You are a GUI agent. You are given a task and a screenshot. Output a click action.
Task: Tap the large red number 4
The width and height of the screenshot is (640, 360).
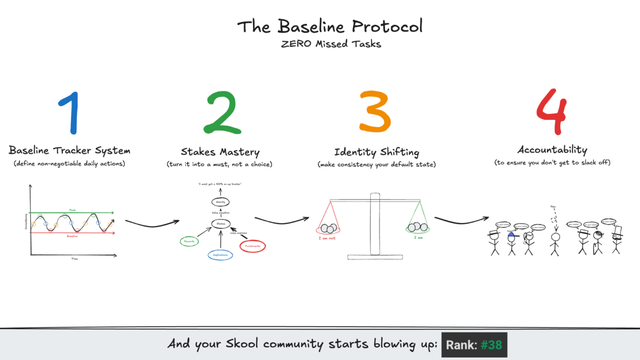(x=551, y=111)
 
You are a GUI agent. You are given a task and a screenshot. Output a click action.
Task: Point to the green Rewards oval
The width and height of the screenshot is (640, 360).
(x=189, y=241)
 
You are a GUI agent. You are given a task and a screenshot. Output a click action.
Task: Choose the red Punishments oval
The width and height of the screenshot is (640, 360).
(x=252, y=246)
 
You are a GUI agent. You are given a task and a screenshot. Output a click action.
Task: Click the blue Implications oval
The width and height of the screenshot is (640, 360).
(x=220, y=255)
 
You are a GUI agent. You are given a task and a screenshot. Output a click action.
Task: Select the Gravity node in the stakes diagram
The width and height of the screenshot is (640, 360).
(x=220, y=202)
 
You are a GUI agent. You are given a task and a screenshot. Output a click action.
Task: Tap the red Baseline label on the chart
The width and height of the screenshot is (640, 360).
(x=72, y=236)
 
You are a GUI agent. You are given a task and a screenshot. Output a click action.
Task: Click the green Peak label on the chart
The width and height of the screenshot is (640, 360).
(x=72, y=209)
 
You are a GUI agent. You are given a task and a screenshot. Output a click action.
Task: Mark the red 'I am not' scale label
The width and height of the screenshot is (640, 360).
(x=327, y=238)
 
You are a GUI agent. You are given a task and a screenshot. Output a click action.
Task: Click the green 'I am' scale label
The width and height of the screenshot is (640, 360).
(x=418, y=238)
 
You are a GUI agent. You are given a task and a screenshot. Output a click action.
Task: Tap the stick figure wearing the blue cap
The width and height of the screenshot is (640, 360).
(x=511, y=242)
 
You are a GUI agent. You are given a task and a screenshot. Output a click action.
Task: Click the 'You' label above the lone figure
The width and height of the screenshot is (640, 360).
(x=553, y=206)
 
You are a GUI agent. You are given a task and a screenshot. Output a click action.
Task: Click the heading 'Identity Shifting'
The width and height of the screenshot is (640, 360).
(x=376, y=152)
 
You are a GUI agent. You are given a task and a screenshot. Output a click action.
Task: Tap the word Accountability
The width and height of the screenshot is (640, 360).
(x=552, y=150)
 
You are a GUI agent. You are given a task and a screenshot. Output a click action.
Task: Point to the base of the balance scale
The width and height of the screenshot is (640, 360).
(x=375, y=256)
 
